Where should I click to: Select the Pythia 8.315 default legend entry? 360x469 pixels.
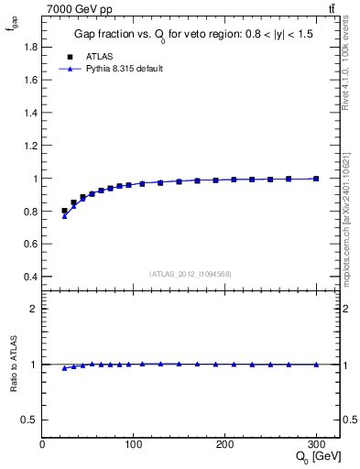click(125, 69)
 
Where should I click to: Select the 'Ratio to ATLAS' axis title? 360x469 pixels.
click(13, 365)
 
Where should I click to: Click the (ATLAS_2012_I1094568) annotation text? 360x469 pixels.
click(191, 273)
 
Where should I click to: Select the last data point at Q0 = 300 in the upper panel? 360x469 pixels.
click(316, 179)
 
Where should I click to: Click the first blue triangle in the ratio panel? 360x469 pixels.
click(64, 367)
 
